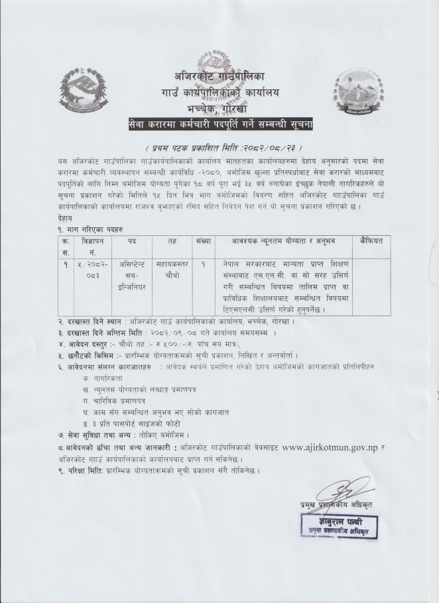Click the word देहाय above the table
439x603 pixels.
pos(66,215)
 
